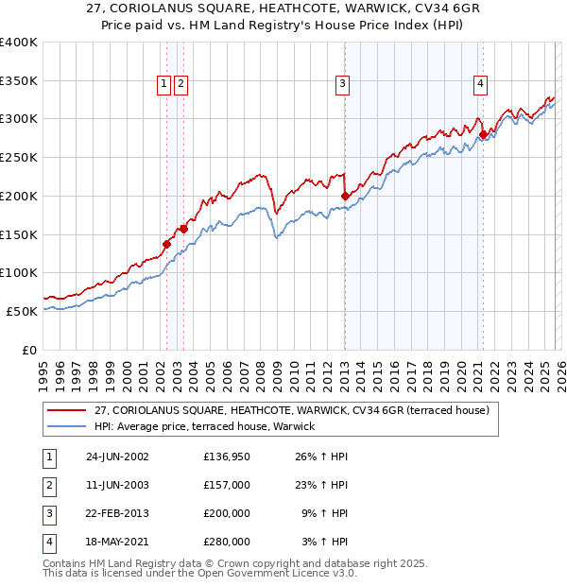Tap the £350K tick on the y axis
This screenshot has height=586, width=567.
[18, 80]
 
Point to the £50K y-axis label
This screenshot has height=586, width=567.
[21, 311]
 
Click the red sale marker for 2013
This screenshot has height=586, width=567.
[345, 196]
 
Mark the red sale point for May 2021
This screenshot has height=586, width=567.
[483, 134]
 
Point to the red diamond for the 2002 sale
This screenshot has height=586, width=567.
[167, 244]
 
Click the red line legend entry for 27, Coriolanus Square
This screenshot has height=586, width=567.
[291, 410]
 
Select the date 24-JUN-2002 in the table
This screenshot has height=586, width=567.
[117, 457]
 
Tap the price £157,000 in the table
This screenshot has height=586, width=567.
[227, 485]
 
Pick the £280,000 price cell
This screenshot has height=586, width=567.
[227, 542]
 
